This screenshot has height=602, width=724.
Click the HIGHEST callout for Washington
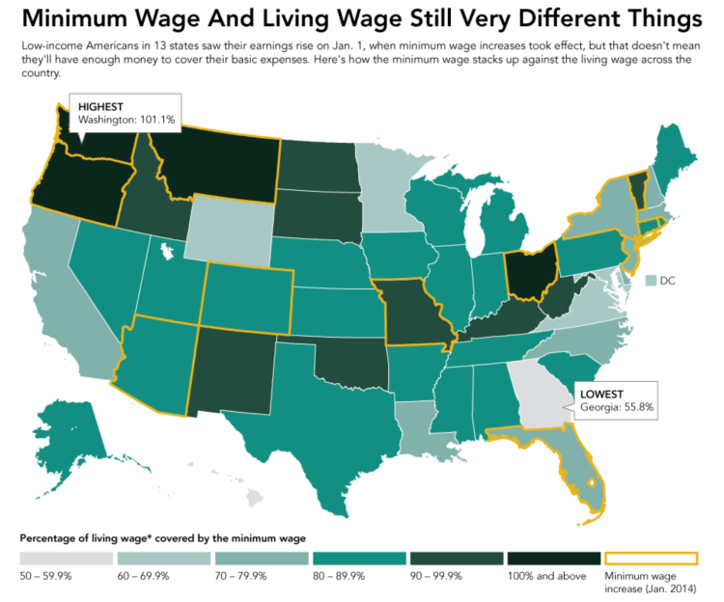coord(123,112)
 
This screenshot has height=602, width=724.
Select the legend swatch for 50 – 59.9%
coord(66,560)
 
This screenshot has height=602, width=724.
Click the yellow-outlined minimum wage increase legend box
coord(650,560)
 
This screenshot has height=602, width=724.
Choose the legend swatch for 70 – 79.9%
coord(261,560)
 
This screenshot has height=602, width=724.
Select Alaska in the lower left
coord(72,434)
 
